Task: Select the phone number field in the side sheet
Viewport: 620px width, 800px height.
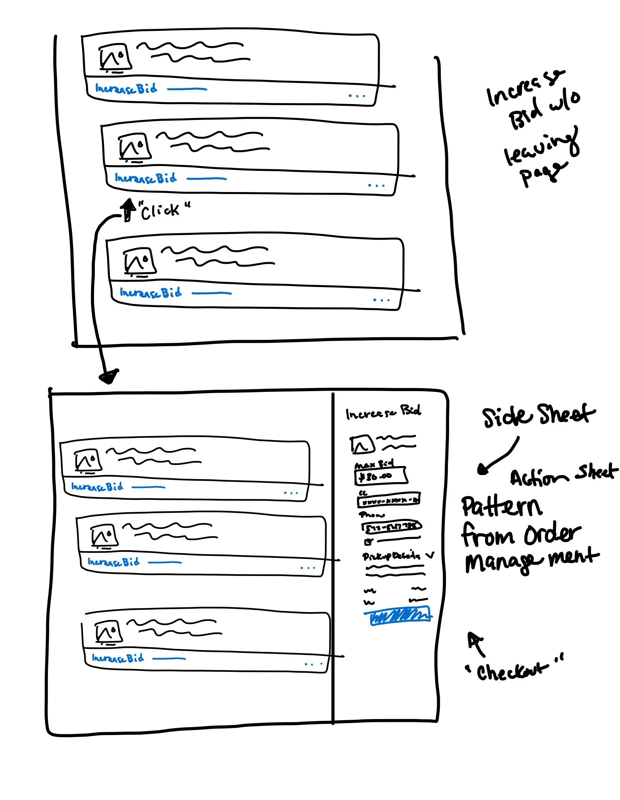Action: point(391,526)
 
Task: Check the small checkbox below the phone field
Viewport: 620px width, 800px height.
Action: point(368,542)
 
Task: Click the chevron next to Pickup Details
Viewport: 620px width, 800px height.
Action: point(430,556)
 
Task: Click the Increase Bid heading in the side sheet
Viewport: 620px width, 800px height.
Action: point(383,412)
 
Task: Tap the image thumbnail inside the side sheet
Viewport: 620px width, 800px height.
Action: point(362,444)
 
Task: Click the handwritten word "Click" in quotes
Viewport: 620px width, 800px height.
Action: point(161,211)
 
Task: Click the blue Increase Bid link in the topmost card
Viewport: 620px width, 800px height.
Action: point(126,89)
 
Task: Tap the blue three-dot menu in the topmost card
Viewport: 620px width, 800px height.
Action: point(357,96)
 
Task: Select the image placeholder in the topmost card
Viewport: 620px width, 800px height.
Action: point(115,58)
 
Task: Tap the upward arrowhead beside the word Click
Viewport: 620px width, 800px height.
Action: point(128,205)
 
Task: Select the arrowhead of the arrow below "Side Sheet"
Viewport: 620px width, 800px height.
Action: point(483,470)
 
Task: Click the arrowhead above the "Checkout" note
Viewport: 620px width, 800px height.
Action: point(474,639)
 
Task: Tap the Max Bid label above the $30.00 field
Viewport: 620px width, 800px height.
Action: point(374,465)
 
